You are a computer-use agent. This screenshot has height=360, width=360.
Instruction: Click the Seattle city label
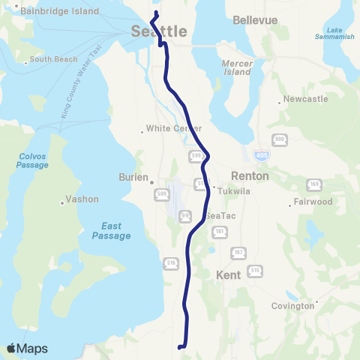158,31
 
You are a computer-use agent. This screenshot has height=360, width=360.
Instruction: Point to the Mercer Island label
238,68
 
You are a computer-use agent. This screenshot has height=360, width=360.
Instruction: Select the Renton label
245,175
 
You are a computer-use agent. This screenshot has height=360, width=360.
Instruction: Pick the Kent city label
228,275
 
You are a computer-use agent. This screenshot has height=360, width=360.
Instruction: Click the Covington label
293,306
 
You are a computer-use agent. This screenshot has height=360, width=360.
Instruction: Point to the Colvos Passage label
32,161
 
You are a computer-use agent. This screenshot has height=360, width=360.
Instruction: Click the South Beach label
49,59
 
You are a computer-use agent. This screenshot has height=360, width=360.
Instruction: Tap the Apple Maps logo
27,349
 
